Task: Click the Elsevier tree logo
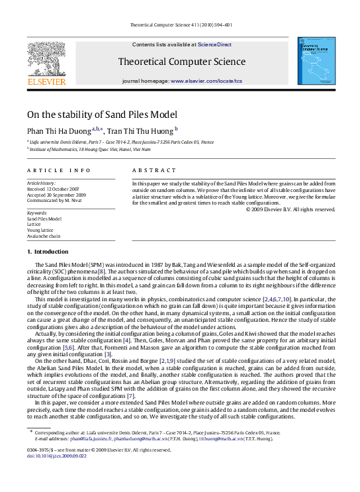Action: [x=46, y=59]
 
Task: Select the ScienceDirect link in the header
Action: [x=214, y=44]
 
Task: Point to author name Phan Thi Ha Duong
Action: [x=58, y=130]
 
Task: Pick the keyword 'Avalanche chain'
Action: [x=43, y=236]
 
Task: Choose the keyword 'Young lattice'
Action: [x=41, y=230]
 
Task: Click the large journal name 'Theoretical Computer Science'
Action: [x=181, y=62]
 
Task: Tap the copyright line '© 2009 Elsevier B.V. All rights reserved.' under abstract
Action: [x=291, y=209]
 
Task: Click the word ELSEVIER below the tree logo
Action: [x=46, y=82]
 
